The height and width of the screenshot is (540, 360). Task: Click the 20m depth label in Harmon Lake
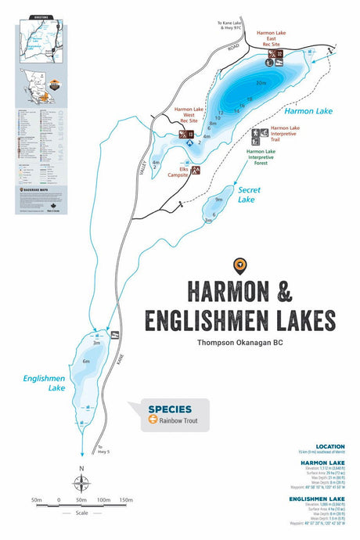pos(261,82)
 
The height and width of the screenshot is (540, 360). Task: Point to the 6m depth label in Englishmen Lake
pos(87,362)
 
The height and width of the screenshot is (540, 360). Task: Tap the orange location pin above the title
pos(239,267)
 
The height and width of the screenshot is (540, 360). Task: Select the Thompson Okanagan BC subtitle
pos(239,341)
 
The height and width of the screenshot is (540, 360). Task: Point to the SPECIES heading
pos(164,408)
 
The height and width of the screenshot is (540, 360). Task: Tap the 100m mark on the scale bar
pos(103,499)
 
